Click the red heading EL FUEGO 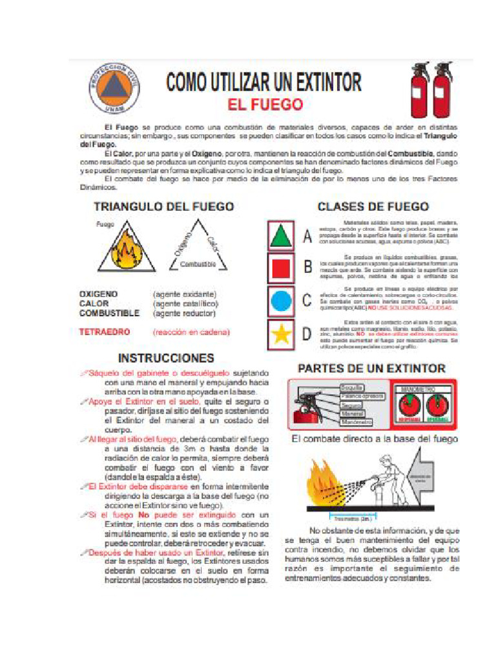(265, 104)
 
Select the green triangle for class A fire (282, 237)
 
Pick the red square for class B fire (282, 268)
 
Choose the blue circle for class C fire (282, 300)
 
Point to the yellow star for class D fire (282, 334)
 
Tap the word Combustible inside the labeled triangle (198, 264)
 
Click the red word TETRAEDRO (105, 332)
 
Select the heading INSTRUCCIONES (166, 358)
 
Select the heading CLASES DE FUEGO (373, 207)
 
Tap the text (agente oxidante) (185, 294)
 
